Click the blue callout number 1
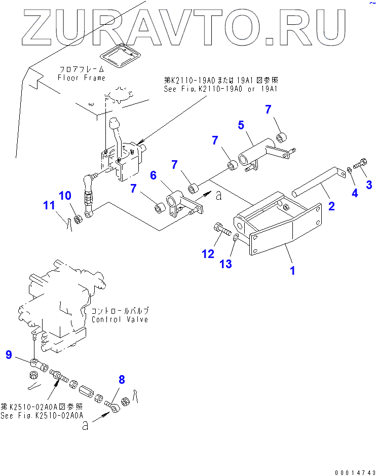point(292,270)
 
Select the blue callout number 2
point(331,205)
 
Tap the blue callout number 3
point(369,184)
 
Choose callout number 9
point(8,355)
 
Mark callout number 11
point(48,205)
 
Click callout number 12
point(208,254)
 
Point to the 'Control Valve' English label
point(120,319)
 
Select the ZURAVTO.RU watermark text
point(187,25)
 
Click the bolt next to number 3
point(361,164)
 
